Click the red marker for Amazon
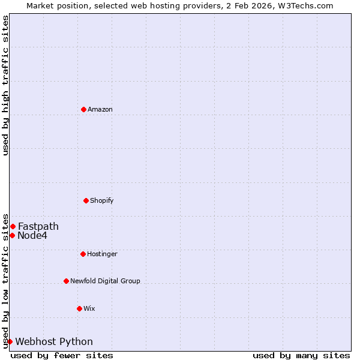pyautogui.click(x=83, y=109)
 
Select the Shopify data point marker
pyautogui.click(x=86, y=200)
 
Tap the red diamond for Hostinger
pyautogui.click(x=83, y=254)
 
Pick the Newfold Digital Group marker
pyautogui.click(x=66, y=281)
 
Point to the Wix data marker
pyautogui.click(x=79, y=308)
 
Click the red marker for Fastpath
pyautogui.click(x=13, y=226)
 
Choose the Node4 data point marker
pyautogui.click(x=12, y=235)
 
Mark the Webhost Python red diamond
pyautogui.click(x=10, y=341)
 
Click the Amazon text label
pyautogui.click(x=100, y=110)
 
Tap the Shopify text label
pyautogui.click(x=102, y=201)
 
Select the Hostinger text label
pyautogui.click(x=103, y=254)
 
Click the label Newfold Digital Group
pyautogui.click(x=105, y=281)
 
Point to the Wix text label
pyautogui.click(x=89, y=309)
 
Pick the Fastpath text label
pyautogui.click(x=38, y=227)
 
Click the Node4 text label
pyautogui.click(x=32, y=236)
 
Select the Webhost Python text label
pyautogui.click(x=54, y=342)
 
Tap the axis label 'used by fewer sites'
pyautogui.click(x=62, y=356)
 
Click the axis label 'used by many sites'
pyautogui.click(x=301, y=356)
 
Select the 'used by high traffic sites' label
pyautogui.click(x=6, y=85)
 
